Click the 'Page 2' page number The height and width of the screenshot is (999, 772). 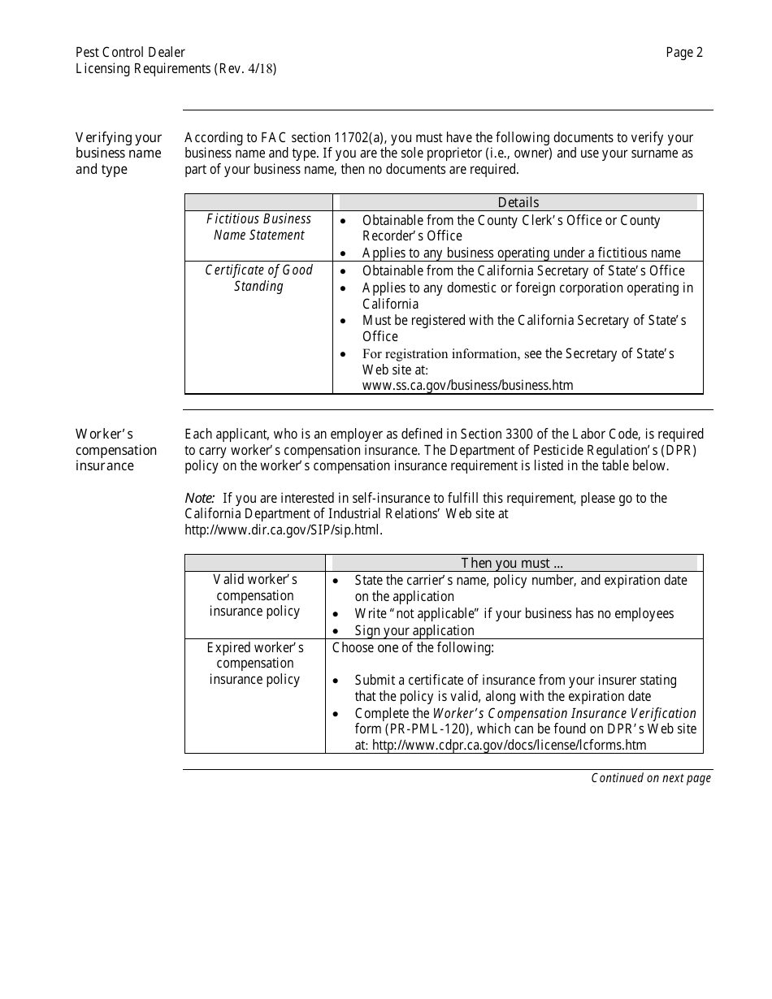point(684,53)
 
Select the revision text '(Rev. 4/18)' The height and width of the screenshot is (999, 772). point(245,69)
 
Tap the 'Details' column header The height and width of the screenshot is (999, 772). point(518,202)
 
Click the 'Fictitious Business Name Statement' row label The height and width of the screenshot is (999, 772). point(258,227)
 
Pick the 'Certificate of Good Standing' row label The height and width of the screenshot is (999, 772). point(258,278)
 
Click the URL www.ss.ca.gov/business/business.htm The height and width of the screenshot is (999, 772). point(467,385)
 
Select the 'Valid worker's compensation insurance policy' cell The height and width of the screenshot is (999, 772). point(254,595)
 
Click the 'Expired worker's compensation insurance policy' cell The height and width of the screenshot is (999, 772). point(254,664)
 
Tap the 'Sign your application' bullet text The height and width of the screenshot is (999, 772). point(414,630)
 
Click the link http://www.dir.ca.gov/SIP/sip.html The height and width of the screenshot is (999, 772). point(283,530)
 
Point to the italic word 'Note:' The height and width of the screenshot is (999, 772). point(200,498)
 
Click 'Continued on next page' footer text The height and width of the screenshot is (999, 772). point(650,778)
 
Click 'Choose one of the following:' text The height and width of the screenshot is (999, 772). point(413,647)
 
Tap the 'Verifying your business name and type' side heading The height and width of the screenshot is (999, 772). point(119,154)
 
